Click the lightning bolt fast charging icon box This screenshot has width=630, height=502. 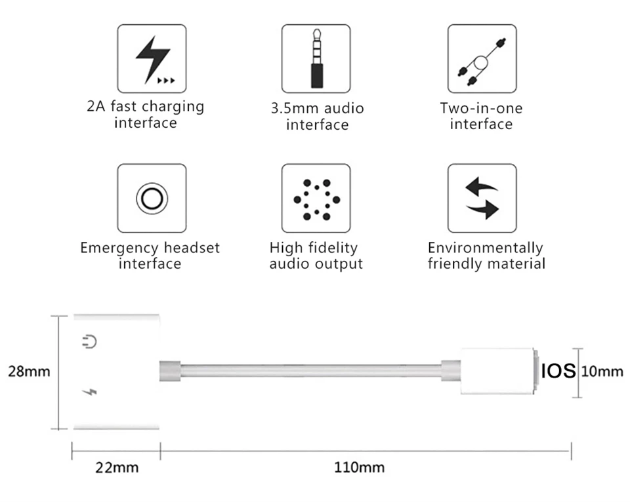pyautogui.click(x=152, y=58)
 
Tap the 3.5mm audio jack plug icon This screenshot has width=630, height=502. pyautogui.click(x=316, y=58)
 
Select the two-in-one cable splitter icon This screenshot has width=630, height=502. pyautogui.click(x=482, y=58)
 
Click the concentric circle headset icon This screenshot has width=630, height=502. pyautogui.click(x=152, y=198)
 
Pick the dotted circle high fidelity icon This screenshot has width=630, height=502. pyautogui.click(x=316, y=198)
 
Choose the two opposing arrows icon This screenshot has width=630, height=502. pyautogui.click(x=482, y=198)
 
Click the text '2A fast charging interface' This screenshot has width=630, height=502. pyautogui.click(x=146, y=114)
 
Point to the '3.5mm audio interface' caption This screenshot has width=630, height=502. pyautogui.click(x=317, y=116)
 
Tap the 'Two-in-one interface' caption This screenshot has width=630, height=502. pyautogui.click(x=481, y=116)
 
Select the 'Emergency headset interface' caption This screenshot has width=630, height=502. pyautogui.click(x=150, y=256)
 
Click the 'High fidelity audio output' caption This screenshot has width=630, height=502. pyautogui.click(x=316, y=256)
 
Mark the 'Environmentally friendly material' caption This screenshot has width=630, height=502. pyautogui.click(x=486, y=256)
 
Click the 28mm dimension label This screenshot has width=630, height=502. pyautogui.click(x=29, y=372)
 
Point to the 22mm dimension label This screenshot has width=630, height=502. pyautogui.click(x=117, y=468)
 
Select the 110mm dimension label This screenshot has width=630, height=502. pyautogui.click(x=360, y=468)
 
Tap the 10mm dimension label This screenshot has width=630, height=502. pyautogui.click(x=602, y=372)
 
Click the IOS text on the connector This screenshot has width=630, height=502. pyautogui.click(x=558, y=372)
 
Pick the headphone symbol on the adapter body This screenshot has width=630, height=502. pyautogui.click(x=90, y=342)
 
